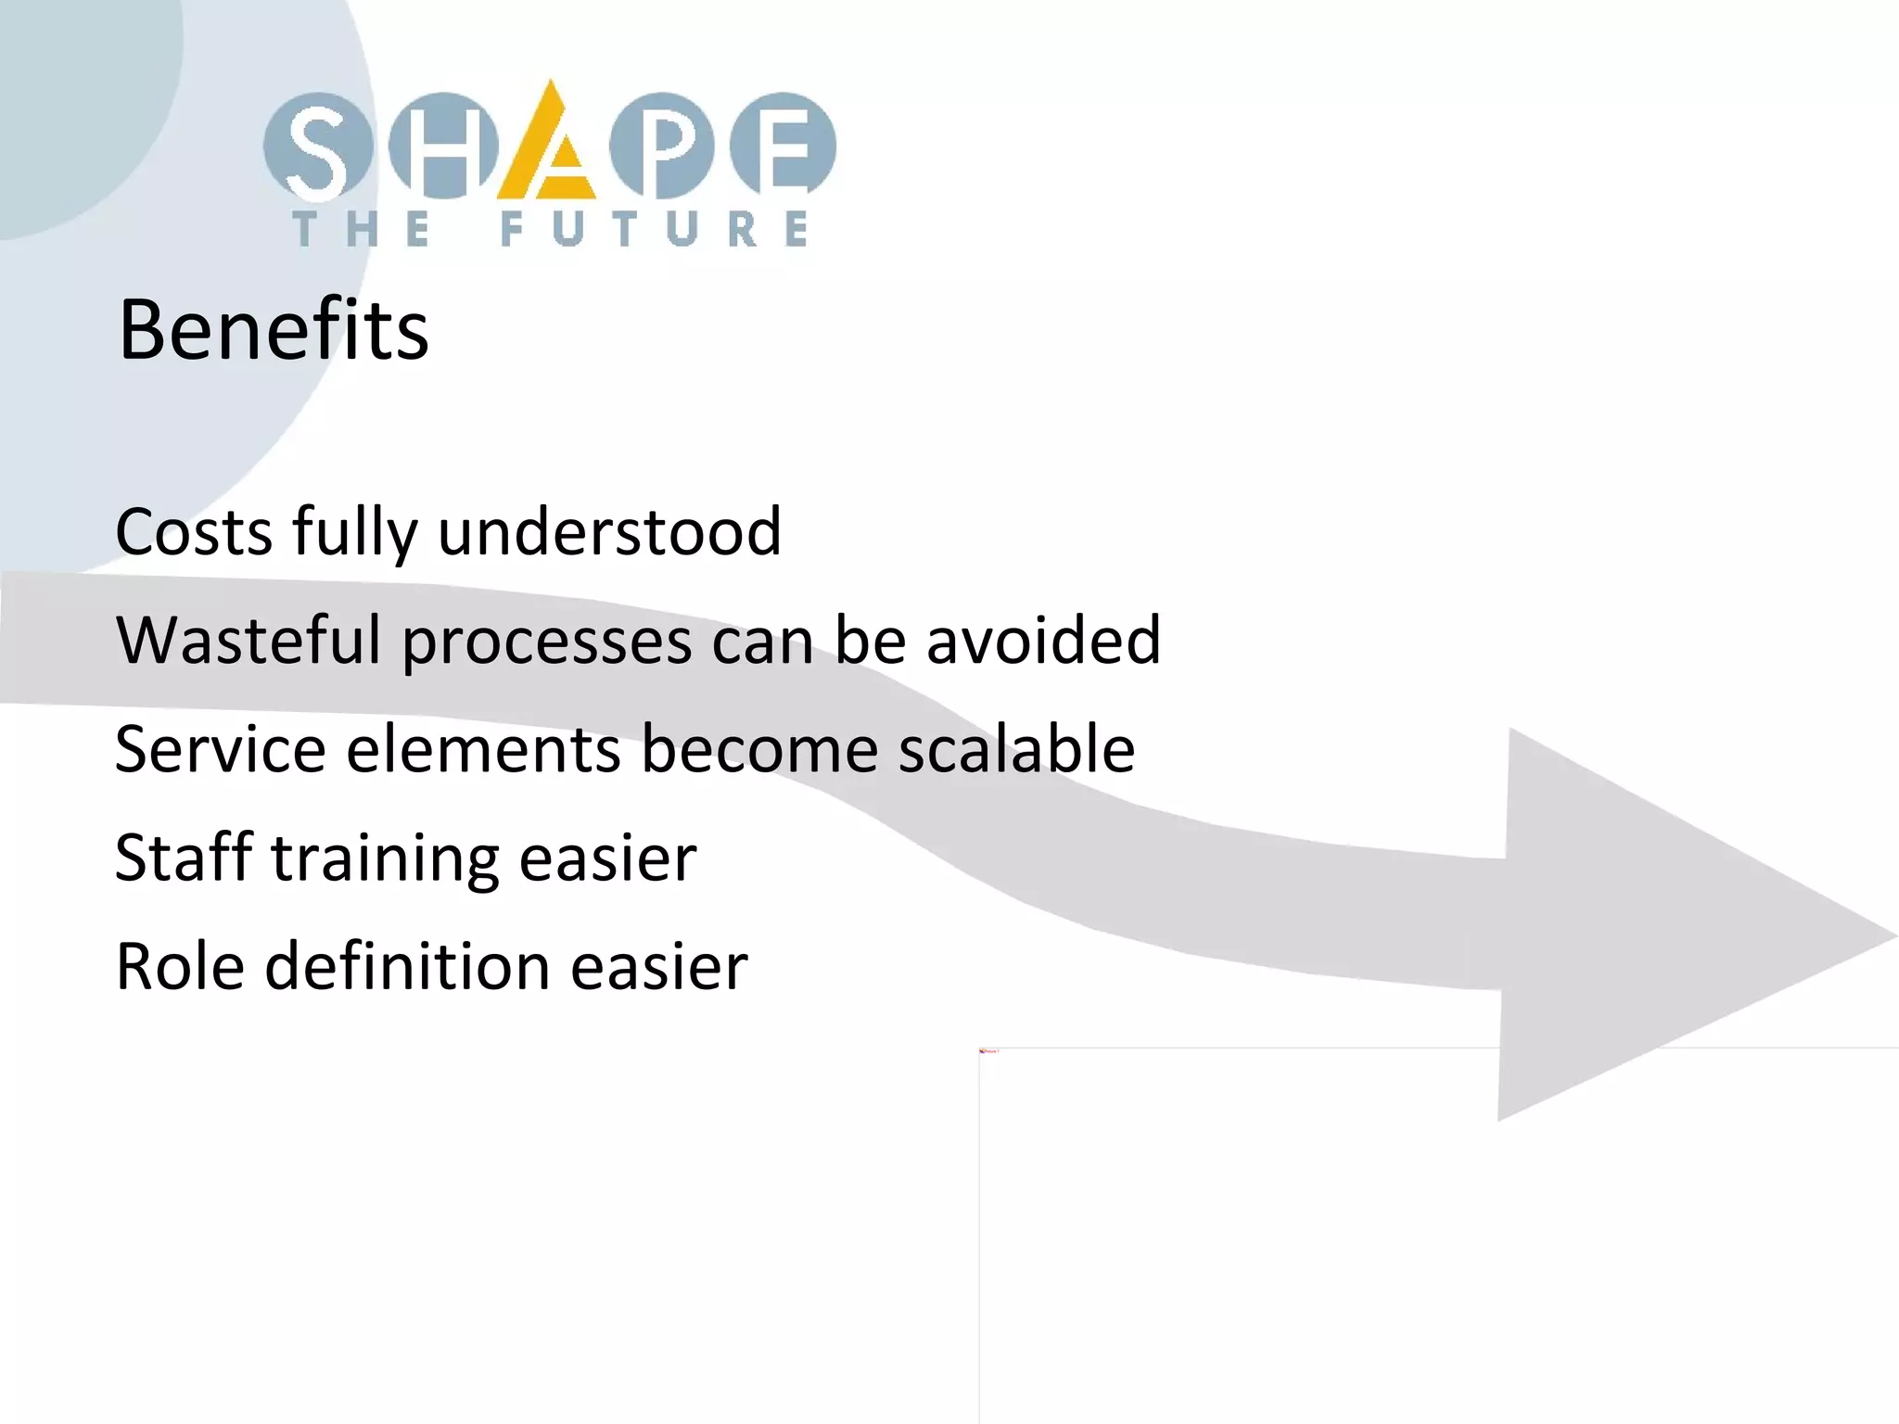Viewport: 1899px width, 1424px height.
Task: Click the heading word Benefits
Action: click(274, 330)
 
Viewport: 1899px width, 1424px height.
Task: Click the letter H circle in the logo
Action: click(443, 146)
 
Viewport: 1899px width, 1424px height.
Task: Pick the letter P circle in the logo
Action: click(661, 146)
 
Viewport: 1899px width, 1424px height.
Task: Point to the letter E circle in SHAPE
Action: click(784, 146)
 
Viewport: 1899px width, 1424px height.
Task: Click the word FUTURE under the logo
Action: click(654, 229)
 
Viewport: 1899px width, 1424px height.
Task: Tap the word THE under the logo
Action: click(362, 229)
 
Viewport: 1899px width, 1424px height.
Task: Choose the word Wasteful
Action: click(248, 641)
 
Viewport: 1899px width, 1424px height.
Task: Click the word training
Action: click(385, 860)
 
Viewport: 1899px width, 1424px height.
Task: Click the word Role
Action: click(180, 966)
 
